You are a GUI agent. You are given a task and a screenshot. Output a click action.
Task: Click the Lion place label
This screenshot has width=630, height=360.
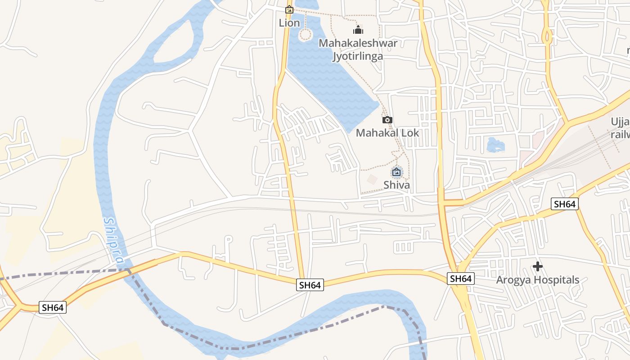click(x=289, y=22)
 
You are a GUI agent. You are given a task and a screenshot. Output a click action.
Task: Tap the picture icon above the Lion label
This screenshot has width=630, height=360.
click(x=289, y=9)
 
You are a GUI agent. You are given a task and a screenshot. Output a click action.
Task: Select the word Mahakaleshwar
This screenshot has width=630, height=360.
click(x=358, y=43)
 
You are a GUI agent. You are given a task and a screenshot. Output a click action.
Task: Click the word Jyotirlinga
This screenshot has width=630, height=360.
click(x=358, y=56)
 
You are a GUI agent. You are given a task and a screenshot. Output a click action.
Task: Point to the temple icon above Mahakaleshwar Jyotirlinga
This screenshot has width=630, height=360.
click(x=358, y=30)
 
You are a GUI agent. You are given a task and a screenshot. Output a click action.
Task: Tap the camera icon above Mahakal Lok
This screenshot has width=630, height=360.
click(x=387, y=120)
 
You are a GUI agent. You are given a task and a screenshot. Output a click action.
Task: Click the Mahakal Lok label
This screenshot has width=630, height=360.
click(x=387, y=133)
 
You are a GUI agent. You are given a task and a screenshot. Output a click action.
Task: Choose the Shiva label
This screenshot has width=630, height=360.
click(x=396, y=184)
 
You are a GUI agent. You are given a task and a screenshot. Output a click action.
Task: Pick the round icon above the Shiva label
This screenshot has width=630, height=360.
click(x=396, y=171)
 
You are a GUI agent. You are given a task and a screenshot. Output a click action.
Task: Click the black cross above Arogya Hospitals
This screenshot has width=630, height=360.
click(x=537, y=266)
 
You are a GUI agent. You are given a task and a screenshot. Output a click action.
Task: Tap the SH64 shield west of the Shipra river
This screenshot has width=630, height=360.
click(x=53, y=307)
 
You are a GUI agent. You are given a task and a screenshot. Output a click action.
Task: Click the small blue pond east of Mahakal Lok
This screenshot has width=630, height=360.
click(x=495, y=144)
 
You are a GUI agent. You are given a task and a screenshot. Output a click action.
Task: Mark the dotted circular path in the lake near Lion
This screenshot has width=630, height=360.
click(x=306, y=34)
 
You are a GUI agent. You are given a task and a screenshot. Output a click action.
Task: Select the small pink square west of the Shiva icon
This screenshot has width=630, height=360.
click(x=372, y=179)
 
